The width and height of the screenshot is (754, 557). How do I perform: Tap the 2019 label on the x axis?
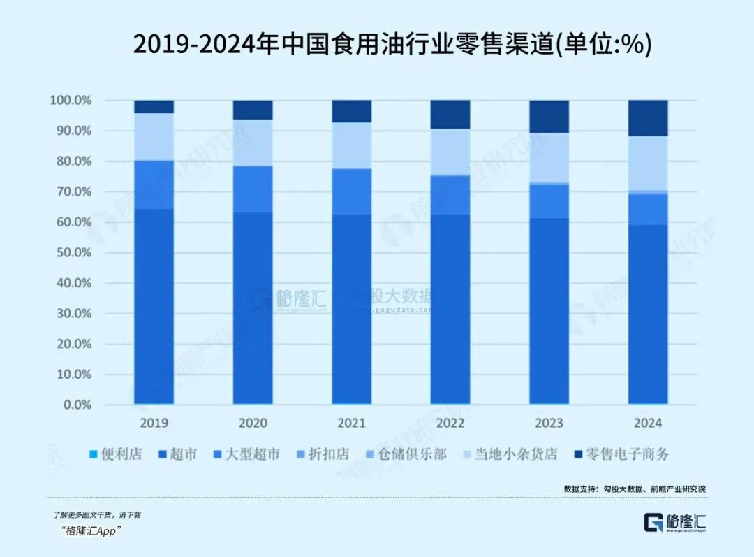click(x=154, y=423)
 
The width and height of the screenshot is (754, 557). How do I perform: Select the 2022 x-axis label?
click(x=450, y=423)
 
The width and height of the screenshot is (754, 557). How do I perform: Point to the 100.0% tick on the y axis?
click(x=71, y=101)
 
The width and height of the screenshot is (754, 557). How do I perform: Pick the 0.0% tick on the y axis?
click(x=76, y=405)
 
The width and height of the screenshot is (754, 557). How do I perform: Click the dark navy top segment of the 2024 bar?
click(x=648, y=117)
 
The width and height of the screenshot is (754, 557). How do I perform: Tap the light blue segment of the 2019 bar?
click(x=154, y=136)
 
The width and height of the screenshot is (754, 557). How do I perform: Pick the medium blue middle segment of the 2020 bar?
click(x=253, y=189)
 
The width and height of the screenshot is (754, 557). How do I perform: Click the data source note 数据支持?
click(x=635, y=489)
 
